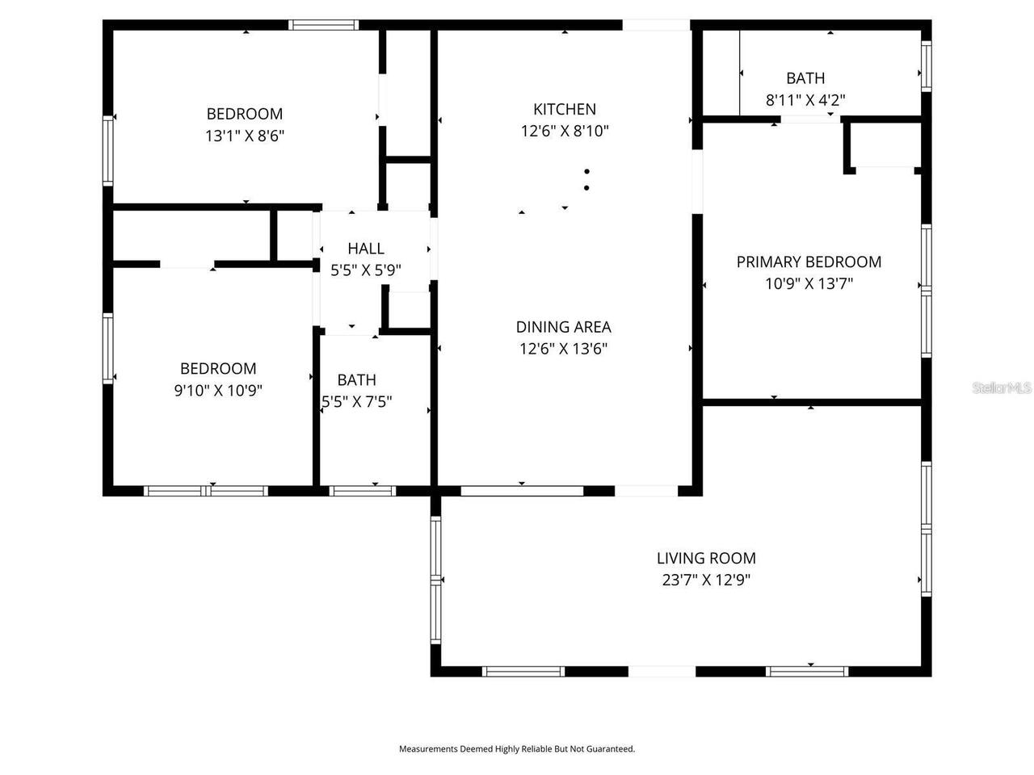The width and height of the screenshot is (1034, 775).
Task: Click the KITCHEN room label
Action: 565,109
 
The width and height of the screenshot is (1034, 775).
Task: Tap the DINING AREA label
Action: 563,327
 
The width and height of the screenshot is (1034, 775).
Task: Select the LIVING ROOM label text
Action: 706,558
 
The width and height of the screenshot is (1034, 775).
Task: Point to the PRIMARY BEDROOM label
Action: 809,262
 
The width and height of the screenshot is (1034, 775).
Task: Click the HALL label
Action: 366,249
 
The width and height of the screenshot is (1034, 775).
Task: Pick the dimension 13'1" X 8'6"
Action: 245,136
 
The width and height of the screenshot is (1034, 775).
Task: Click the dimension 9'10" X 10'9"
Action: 218,391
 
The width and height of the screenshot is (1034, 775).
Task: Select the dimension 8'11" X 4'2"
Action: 805,100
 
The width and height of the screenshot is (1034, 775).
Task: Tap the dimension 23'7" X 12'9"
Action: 706,580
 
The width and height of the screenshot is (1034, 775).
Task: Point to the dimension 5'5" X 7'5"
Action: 357,401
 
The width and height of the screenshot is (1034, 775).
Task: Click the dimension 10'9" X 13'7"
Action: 809,283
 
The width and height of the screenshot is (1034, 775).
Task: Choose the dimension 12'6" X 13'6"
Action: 563,349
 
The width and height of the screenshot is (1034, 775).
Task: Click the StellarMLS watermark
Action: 1002,388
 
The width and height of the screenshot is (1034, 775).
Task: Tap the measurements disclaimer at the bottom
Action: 517,749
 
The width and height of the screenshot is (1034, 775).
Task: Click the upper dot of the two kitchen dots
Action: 587,171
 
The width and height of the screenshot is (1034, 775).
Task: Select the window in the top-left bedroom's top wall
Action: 324,25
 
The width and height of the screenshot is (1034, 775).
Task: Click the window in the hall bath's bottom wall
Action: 364,490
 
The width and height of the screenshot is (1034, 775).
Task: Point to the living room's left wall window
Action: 436,580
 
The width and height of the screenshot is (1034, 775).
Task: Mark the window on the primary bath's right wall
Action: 927,65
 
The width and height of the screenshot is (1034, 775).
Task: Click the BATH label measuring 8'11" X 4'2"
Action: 805,78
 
